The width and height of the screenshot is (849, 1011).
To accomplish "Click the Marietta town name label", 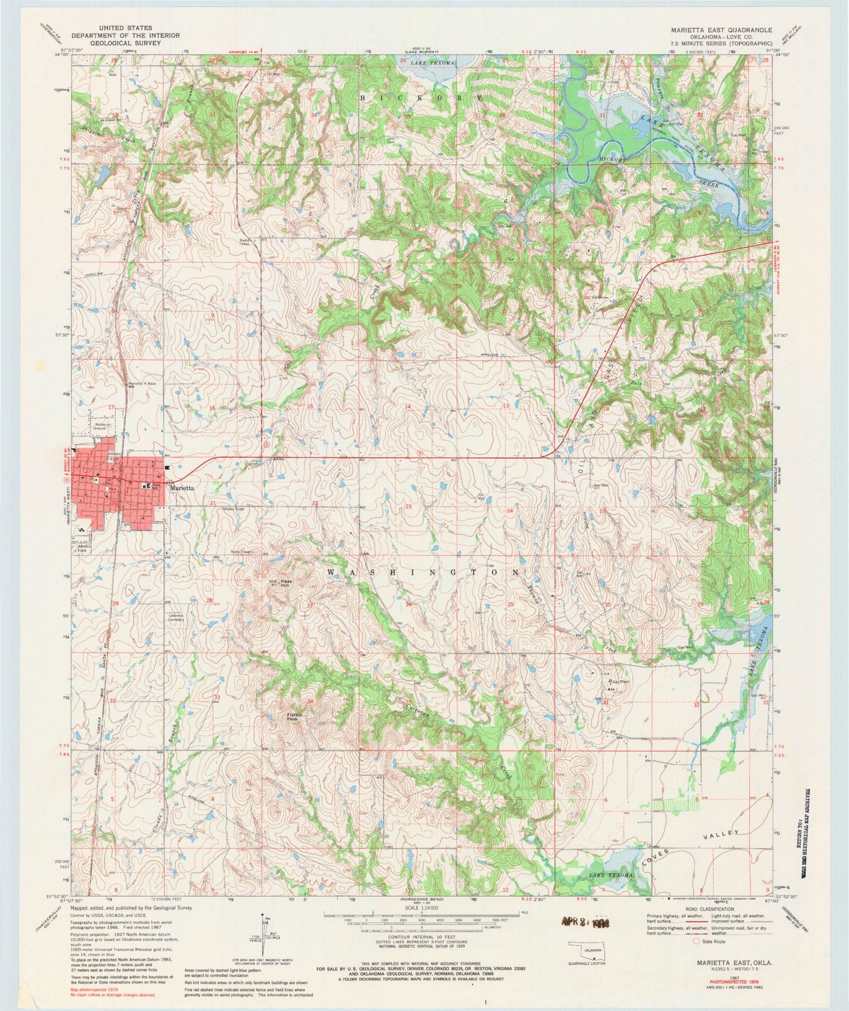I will point(182,487).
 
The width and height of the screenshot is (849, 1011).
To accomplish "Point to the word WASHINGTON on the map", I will point(422,572).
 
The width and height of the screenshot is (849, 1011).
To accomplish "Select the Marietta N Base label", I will point(141,384).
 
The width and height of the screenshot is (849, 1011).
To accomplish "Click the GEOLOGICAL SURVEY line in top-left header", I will point(129,43).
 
